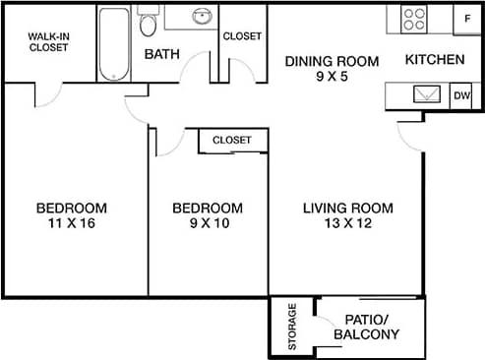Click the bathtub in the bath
tap(113, 44)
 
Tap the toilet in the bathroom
tap(148, 25)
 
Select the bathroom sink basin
tap(201, 17)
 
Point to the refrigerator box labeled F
tap(465, 19)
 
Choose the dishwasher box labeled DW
tap(461, 95)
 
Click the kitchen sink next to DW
tap(428, 94)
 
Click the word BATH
tap(161, 54)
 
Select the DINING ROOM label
tap(332, 61)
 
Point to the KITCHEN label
tap(435, 60)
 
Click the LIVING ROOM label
tap(347, 208)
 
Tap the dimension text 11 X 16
tap(71, 223)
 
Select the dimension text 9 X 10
tap(207, 223)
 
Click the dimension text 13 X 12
tap(347, 223)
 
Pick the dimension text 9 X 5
tap(332, 77)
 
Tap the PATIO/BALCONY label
tap(366, 328)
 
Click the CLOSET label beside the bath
tap(242, 36)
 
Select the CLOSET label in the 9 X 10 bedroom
tap(232, 141)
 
